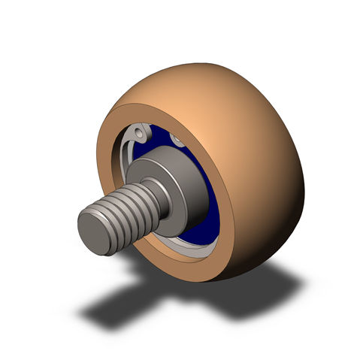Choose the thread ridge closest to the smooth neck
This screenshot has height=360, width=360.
point(150,199)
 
